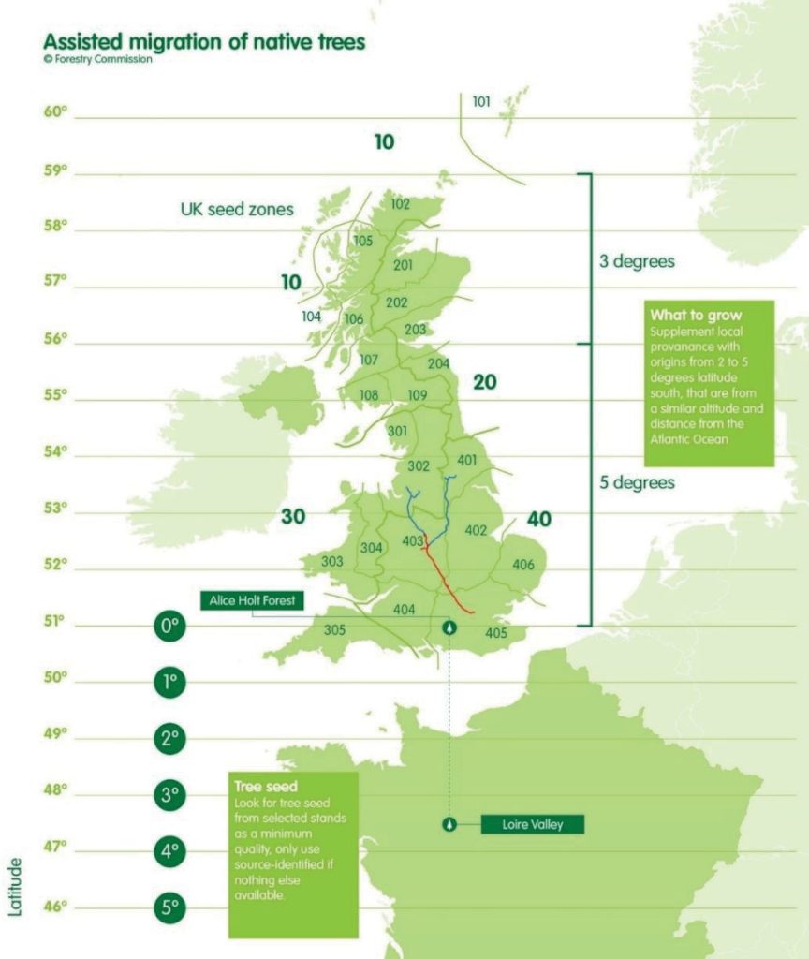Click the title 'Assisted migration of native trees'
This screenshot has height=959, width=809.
click(204, 42)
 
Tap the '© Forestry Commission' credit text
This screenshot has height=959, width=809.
click(97, 61)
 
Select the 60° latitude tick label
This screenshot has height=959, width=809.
click(56, 112)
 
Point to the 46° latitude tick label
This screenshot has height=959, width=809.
click(56, 906)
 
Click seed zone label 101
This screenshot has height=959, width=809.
click(481, 102)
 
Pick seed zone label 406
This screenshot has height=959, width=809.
click(523, 565)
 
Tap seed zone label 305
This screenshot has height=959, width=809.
click(334, 629)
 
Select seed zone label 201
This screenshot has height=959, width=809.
click(404, 266)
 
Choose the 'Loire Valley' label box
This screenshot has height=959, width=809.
click(532, 824)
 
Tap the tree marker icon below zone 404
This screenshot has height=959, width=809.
click(450, 627)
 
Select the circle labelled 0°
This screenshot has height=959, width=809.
click(169, 627)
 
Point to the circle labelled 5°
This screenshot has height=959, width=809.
click(169, 907)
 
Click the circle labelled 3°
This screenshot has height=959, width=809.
click(169, 795)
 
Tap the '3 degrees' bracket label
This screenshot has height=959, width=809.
click(637, 261)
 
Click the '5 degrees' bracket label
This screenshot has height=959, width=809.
click(637, 483)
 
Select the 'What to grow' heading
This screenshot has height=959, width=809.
click(695, 316)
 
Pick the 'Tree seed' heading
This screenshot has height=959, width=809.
click(267, 785)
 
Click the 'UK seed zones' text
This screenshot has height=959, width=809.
click(236, 210)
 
